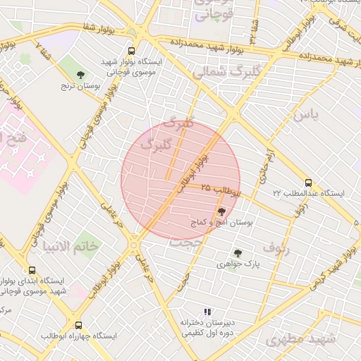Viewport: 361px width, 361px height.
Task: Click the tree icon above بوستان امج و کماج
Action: (221, 211)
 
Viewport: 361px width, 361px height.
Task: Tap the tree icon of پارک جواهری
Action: (238, 252)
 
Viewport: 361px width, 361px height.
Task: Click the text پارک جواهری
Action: (238, 264)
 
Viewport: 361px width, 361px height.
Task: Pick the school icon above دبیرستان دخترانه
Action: (207, 311)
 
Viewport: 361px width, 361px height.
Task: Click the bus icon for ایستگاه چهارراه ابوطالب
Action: (78, 326)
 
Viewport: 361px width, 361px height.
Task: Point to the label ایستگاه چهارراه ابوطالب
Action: (78, 337)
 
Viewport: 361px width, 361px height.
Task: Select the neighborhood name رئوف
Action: (276, 247)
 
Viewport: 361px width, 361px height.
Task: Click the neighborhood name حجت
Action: (185, 241)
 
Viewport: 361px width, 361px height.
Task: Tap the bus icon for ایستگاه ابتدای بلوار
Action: (32, 270)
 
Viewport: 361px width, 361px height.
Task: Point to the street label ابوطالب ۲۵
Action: (219, 189)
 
